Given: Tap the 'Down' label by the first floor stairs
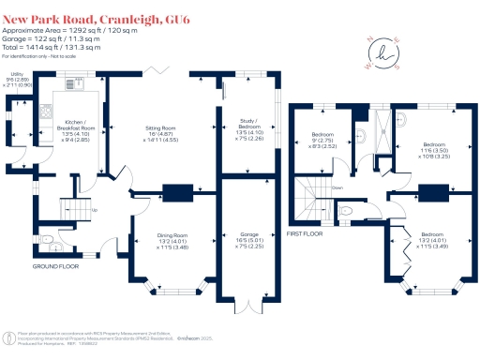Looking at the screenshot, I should click(337, 187).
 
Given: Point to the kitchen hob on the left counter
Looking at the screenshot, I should click(46, 113).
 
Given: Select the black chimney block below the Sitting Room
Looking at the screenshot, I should click(174, 195).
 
